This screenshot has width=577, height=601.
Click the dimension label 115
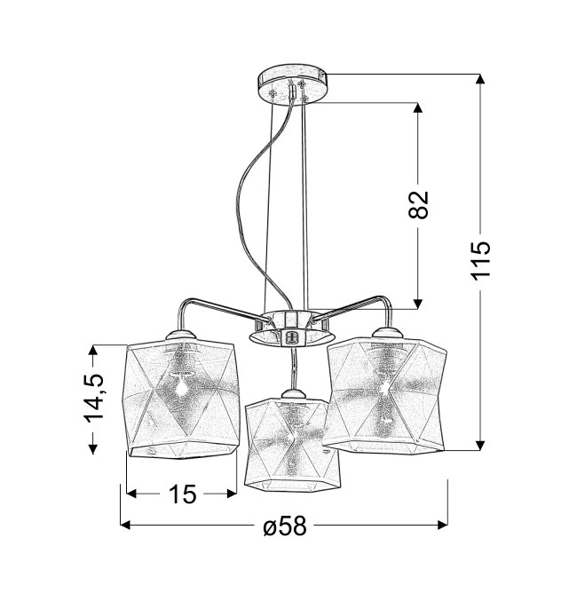click(481, 261)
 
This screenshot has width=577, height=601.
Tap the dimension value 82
click(418, 205)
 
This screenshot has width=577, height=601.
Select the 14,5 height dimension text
click(93, 399)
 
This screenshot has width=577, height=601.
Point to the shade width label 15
click(182, 494)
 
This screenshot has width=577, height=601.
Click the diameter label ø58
click(285, 526)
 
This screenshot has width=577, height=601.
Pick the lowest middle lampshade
click(292, 444)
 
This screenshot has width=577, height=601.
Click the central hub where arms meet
click(292, 327)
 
